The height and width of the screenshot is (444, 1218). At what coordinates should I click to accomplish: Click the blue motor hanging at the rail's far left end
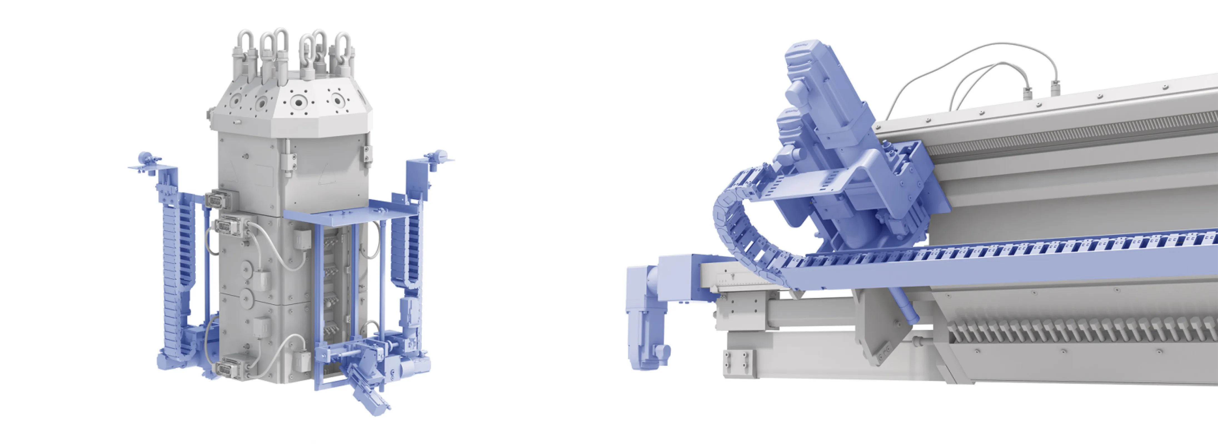(645, 321)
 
